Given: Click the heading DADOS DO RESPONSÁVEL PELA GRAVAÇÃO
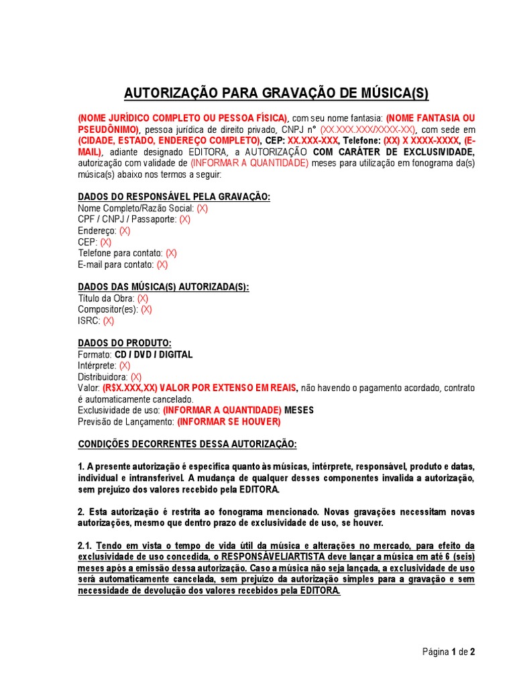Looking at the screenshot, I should coord(174,197).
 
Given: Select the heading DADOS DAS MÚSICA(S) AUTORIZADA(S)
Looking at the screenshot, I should coord(164,287).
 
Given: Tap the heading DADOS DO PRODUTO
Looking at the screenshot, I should coord(125,343).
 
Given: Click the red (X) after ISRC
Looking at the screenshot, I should coord(109,321).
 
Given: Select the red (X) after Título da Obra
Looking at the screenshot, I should coord(143,299).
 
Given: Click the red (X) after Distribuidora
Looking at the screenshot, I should coord(136,377).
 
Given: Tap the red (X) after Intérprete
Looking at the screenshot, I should coord(125,366).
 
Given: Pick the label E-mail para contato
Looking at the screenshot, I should coord(115,265).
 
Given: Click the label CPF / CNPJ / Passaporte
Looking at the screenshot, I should coord(127,219).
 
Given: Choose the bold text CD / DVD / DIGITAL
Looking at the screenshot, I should coord(154,355).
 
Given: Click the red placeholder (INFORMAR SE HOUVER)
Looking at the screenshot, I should coord(229,422).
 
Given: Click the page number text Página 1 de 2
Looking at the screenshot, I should coord(449,651).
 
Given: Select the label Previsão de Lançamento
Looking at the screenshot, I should coord(126,422).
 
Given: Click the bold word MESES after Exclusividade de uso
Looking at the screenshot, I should coord(299,411).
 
